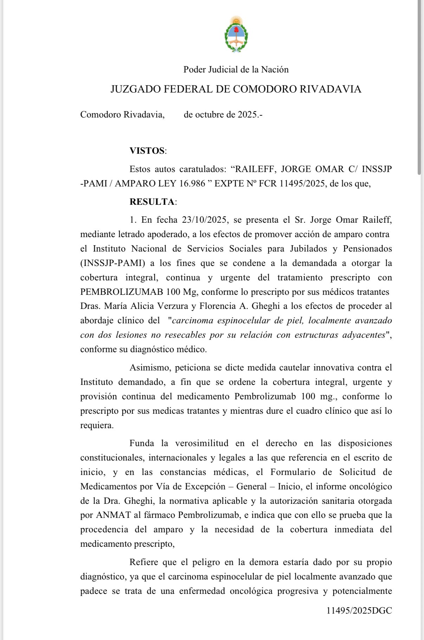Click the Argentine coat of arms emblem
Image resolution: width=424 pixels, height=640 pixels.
[x=236, y=34]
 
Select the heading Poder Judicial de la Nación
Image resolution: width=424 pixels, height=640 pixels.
[x=236, y=70]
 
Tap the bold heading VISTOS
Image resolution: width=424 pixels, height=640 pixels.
[x=147, y=151]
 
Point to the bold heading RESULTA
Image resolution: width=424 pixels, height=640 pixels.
[x=152, y=202]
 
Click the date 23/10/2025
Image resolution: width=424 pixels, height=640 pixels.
[x=204, y=220]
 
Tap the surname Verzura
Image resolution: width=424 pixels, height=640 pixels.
[x=172, y=306]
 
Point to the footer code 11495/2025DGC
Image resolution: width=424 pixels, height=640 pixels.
[x=359, y=610]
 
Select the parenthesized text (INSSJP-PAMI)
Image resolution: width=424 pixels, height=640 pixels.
[x=113, y=263]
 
